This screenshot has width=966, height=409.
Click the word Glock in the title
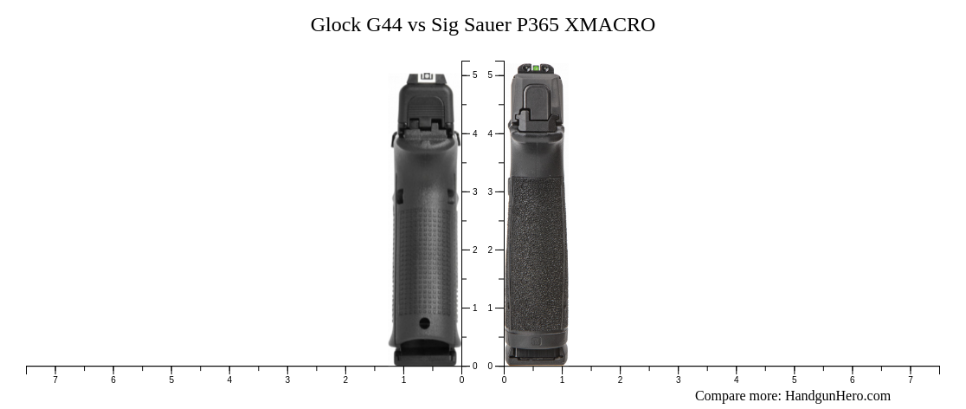coord(336,25)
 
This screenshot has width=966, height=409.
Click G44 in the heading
coord(383,25)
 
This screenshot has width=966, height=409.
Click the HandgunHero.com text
coord(837,396)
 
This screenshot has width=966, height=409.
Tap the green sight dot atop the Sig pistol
coord(535,68)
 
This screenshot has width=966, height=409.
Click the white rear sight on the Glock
coord(426,77)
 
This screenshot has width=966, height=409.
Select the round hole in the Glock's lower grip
coord(424,323)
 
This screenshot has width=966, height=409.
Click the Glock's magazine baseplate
coord(425,356)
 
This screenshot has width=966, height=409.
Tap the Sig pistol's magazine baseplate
coord(536,354)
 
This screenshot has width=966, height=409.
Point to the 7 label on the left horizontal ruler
coord(55,380)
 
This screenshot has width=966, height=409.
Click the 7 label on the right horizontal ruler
coord(910,380)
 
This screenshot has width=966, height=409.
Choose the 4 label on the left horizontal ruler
coord(229,380)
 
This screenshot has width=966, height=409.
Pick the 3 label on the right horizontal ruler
coord(678,380)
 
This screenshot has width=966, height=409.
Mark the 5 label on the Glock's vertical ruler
coord(474,75)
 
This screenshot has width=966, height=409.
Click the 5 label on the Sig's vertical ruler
coord(490,75)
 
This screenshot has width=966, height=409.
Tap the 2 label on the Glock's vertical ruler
coord(474,250)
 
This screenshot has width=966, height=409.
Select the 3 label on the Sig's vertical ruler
coord(490,192)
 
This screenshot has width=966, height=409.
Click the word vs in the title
coord(416,25)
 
